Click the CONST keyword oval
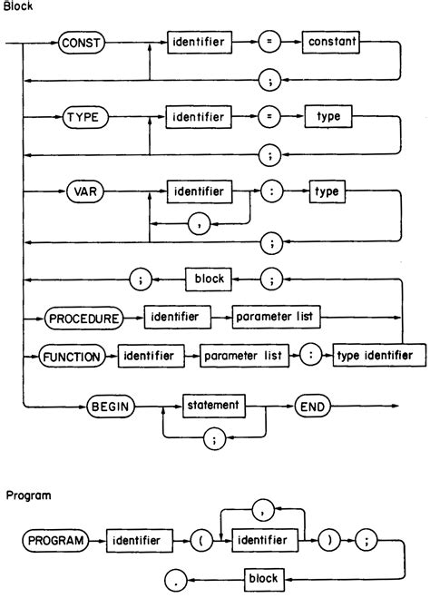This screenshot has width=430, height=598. (x=83, y=42)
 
